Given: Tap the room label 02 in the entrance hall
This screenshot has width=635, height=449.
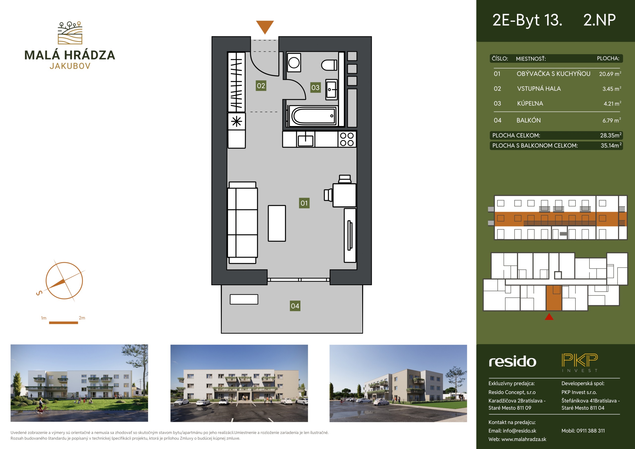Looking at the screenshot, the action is [x=261, y=86].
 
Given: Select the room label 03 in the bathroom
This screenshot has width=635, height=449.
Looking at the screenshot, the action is [x=315, y=87].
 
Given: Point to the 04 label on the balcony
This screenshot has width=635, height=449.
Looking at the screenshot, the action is [x=295, y=306].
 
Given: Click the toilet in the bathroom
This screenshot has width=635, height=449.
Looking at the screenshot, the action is [x=329, y=65].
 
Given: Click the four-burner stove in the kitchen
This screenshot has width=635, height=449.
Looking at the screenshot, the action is [x=347, y=139].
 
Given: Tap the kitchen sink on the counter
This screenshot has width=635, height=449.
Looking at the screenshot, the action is [x=305, y=139].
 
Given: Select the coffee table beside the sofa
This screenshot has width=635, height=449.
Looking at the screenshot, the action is [x=277, y=223].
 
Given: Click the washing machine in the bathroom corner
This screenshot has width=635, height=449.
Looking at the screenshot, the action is [x=294, y=62].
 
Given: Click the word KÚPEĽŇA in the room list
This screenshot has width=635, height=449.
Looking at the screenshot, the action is [x=530, y=103].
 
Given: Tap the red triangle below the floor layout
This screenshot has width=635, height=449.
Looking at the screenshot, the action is [x=549, y=317].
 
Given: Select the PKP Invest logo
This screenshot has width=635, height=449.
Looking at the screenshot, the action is [x=580, y=362].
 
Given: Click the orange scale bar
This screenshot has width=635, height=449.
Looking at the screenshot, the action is [x=63, y=322].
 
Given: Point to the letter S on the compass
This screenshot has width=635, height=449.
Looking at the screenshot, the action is [x=39, y=293].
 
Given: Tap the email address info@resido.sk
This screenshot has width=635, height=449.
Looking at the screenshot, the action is [x=519, y=431].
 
